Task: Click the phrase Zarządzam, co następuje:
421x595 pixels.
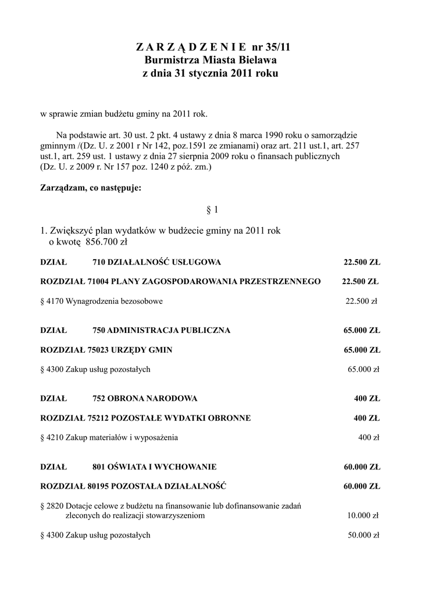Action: [90, 188]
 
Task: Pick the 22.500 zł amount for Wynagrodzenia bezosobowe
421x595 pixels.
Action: [362, 301]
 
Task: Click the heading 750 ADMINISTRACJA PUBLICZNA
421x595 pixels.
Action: [161, 330]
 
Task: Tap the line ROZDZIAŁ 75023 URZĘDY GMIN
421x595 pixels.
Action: [106, 350]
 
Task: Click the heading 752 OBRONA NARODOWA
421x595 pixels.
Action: [145, 398]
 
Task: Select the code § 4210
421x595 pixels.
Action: [52, 437]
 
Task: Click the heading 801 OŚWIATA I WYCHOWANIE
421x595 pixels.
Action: [154, 466]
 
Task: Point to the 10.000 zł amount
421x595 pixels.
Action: [363, 515]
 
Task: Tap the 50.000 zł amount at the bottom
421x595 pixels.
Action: [363, 535]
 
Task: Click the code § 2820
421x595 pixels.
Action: [52, 506]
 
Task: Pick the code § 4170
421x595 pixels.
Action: [52, 301]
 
